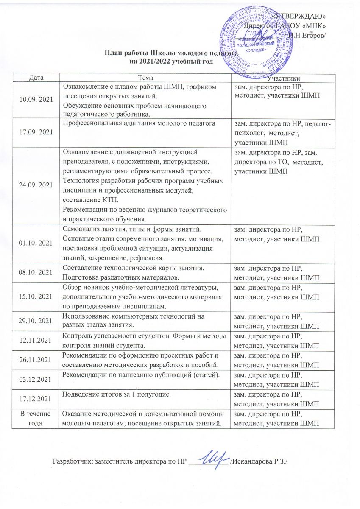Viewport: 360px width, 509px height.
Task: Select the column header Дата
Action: coord(36,78)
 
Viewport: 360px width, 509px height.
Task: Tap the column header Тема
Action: coord(144,78)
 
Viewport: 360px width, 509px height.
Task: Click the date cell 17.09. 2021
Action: coord(36,132)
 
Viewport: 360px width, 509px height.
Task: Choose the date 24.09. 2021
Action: coord(36,185)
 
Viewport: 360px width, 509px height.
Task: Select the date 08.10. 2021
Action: coord(36,273)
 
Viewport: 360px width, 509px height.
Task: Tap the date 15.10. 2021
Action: coord(36,295)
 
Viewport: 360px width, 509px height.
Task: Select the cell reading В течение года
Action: coord(36,419)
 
